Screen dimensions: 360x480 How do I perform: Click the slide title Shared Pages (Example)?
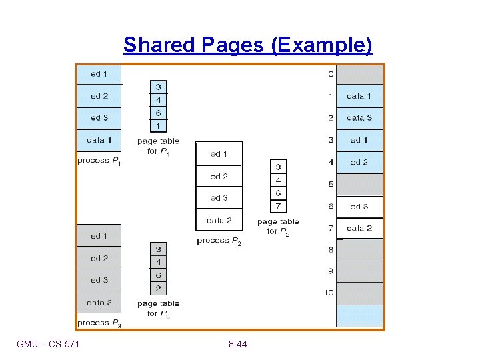(248, 45)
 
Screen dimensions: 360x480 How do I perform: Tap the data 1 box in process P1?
(99, 140)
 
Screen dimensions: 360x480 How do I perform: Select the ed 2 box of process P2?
(219, 177)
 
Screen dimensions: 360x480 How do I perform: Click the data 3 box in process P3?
(99, 303)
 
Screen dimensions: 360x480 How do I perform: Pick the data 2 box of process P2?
(219, 220)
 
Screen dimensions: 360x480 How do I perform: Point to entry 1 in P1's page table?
(158, 125)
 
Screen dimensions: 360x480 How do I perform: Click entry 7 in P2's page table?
(278, 206)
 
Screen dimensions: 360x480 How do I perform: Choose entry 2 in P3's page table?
(158, 289)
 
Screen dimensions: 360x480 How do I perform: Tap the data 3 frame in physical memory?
(359, 118)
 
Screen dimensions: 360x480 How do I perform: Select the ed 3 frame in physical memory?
(359, 207)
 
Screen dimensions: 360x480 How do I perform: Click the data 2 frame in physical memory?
(359, 228)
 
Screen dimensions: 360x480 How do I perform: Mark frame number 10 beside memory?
(329, 293)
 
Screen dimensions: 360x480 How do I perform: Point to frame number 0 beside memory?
(331, 74)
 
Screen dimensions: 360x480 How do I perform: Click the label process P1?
(99, 161)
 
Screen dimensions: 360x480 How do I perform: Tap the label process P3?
(99, 323)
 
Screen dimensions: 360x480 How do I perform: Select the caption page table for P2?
(278, 227)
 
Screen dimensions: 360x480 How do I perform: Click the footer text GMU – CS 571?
(48, 344)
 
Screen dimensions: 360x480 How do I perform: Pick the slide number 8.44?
(237, 344)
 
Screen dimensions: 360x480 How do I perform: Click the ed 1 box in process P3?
(99, 236)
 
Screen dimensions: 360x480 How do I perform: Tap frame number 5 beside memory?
(331, 184)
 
